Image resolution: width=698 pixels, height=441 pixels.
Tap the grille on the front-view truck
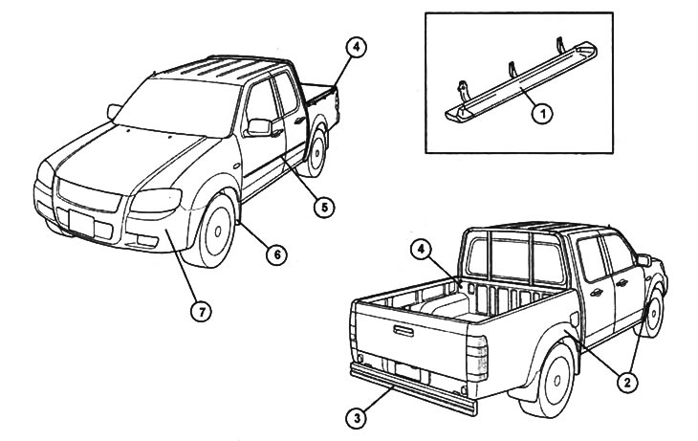[x=86, y=195]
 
